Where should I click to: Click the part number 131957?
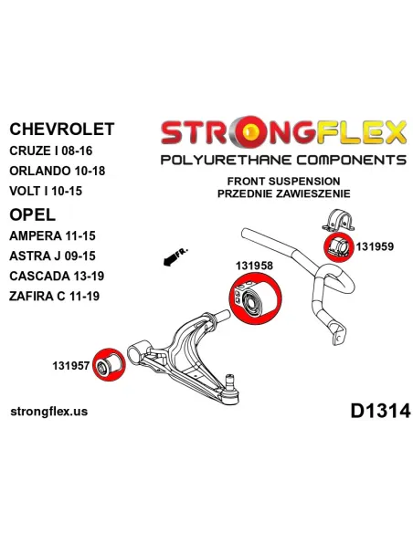70,366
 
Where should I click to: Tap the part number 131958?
254,266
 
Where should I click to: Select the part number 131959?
375,246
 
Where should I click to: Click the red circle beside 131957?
110,364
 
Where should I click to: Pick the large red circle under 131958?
256,298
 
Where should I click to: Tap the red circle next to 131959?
337,248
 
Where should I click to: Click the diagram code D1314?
381,411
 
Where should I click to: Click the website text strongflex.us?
49,412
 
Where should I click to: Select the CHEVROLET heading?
62,130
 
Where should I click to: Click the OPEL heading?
32,214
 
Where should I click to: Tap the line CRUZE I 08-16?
51,151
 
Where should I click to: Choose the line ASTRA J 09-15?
52,256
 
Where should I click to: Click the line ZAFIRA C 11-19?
55,296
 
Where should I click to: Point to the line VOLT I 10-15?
46,191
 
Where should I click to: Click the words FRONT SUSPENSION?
284,182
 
